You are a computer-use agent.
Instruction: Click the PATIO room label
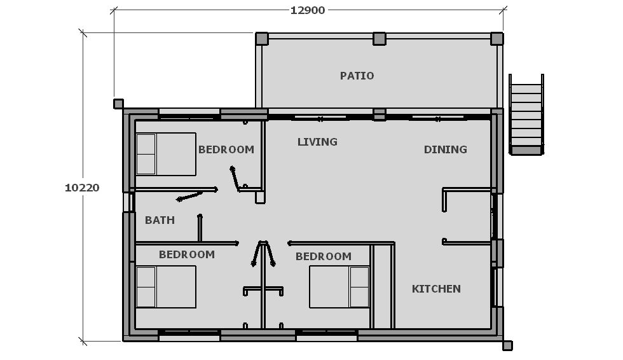click(x=357, y=76)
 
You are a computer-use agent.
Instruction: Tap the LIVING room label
click(x=317, y=142)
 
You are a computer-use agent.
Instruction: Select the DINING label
click(x=446, y=150)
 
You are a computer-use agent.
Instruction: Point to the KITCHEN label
click(x=436, y=289)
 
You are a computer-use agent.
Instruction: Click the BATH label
click(x=160, y=220)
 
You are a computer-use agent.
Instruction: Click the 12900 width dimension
click(x=308, y=10)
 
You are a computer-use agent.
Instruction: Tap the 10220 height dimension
click(x=82, y=188)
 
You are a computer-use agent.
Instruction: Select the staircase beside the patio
click(x=526, y=114)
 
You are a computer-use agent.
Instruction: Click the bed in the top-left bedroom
click(x=166, y=154)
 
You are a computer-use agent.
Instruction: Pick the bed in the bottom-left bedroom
click(x=166, y=287)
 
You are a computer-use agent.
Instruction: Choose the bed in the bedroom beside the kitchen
click(x=339, y=287)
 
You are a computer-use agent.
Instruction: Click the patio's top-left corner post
click(x=261, y=39)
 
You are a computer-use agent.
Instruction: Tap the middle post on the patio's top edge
click(x=380, y=39)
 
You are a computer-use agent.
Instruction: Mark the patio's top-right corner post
click(x=497, y=39)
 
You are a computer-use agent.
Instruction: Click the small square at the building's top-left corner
click(x=118, y=104)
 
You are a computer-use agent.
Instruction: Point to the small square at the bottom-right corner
click(x=507, y=346)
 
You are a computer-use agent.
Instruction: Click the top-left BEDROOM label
click(x=226, y=150)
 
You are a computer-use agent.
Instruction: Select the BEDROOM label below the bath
click(x=187, y=254)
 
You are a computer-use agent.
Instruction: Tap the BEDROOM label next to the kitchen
click(x=324, y=257)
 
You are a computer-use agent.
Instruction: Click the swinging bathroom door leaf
click(x=190, y=197)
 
